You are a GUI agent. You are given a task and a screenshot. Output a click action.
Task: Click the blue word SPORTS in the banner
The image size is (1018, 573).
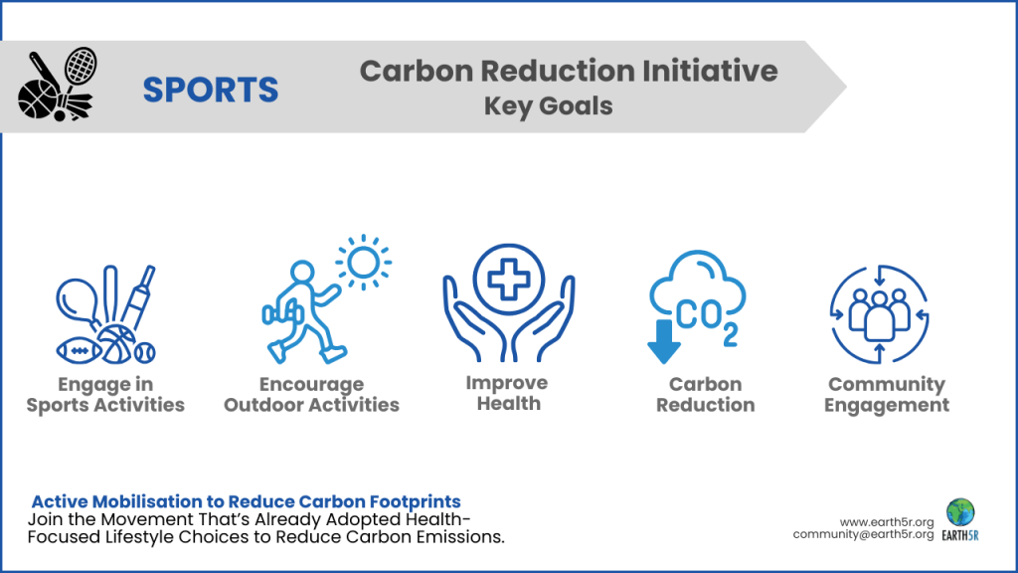pos(210,90)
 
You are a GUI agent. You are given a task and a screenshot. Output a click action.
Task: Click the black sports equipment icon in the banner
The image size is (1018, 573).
pos(56,85)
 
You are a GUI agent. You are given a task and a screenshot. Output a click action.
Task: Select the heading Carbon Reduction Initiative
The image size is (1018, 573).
pos(568,71)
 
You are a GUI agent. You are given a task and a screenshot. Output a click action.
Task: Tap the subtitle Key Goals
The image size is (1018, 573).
pos(548,105)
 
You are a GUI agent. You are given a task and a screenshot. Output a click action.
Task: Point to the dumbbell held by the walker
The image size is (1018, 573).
pos(274,313)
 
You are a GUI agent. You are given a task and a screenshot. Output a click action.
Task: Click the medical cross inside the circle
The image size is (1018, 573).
pos(508,278)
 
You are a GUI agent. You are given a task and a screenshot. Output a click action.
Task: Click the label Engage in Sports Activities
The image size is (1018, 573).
pos(105,394)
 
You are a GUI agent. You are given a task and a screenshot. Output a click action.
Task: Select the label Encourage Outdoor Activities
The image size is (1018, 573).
pos(311,394)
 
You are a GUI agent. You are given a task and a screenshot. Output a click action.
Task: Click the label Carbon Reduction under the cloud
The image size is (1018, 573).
pos(705,394)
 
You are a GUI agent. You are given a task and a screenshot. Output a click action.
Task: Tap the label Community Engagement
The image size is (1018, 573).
pos(886,394)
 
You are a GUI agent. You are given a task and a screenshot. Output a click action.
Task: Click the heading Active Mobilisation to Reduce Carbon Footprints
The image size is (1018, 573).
pos(246,501)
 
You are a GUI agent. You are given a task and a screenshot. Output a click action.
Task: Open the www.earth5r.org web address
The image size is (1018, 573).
pos(887,521)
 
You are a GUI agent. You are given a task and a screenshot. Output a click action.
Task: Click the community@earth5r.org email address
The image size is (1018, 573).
pos(863,535)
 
